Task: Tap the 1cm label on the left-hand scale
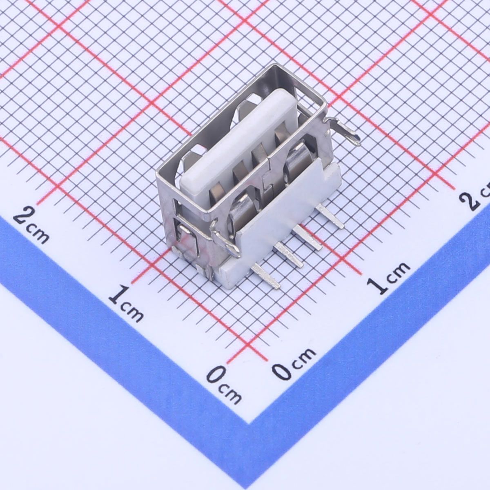[x=126, y=303]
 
